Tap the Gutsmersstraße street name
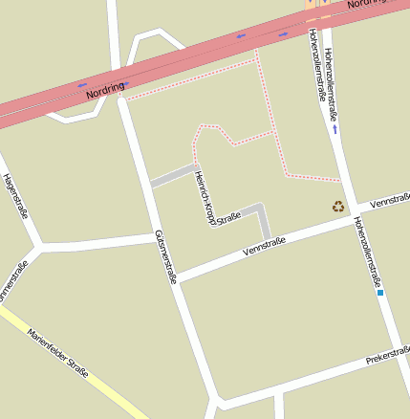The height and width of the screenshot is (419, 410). click(x=165, y=256)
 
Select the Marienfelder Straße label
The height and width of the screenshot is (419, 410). click(x=58, y=353)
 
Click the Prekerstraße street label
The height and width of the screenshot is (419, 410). click(x=387, y=359)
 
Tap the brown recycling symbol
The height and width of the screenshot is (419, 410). click(x=338, y=205)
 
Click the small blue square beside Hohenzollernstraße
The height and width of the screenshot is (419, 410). click(x=380, y=293)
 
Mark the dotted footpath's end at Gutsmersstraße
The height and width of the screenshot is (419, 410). click(x=128, y=98)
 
